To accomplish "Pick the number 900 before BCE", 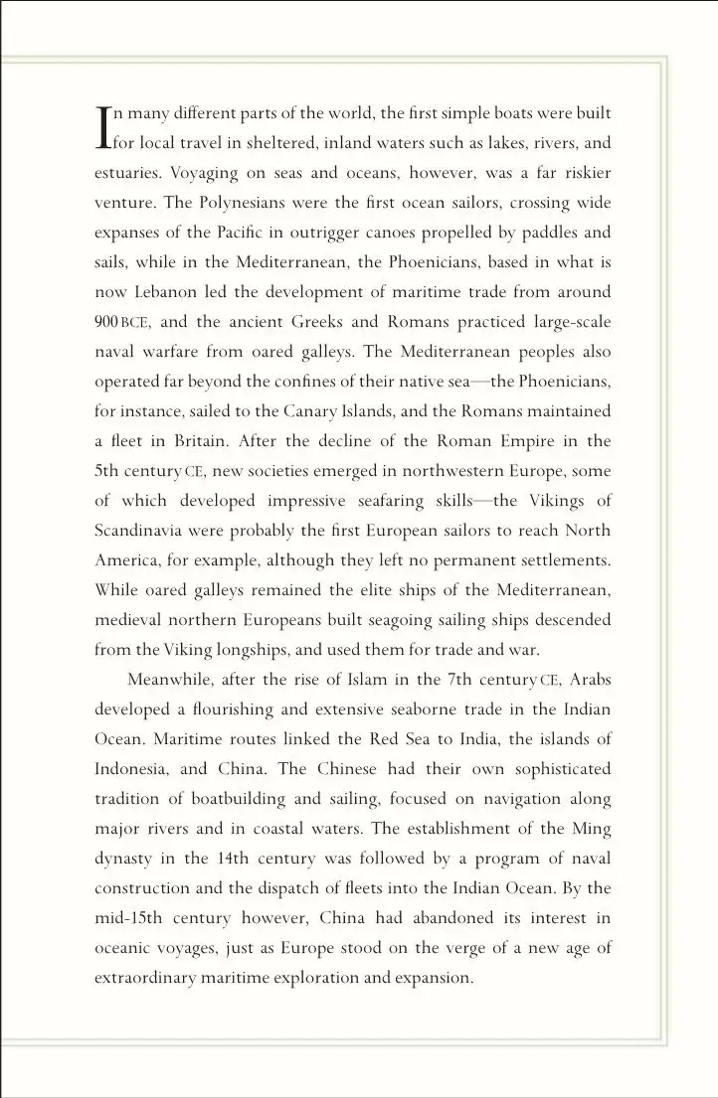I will [x=106, y=322].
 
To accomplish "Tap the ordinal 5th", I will [x=106, y=471].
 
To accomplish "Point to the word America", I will [x=124, y=560].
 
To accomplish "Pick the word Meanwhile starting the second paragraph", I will [x=171, y=680].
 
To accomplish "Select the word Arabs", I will [x=590, y=680].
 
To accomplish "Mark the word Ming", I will [x=593, y=829].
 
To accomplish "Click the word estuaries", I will [x=127, y=173].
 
